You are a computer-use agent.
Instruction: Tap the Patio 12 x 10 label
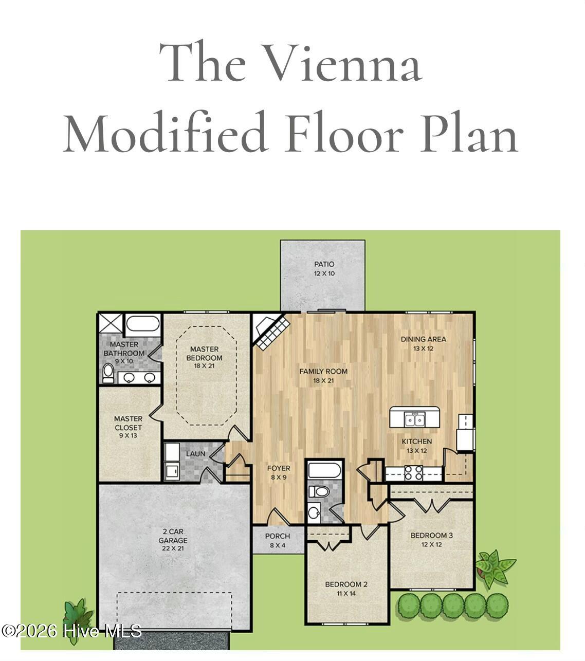324,268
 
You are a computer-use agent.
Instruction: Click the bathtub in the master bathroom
142,325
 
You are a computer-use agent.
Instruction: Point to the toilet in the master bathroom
108,373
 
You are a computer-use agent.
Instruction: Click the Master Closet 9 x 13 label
128,427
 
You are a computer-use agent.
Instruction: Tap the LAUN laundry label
195,454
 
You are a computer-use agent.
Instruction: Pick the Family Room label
323,376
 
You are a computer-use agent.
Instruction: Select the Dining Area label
423,343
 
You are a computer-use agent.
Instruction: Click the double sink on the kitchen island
415,419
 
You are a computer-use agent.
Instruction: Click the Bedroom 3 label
431,540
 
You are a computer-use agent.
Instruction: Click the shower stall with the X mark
111,324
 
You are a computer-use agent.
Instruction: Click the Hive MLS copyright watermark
71,631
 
